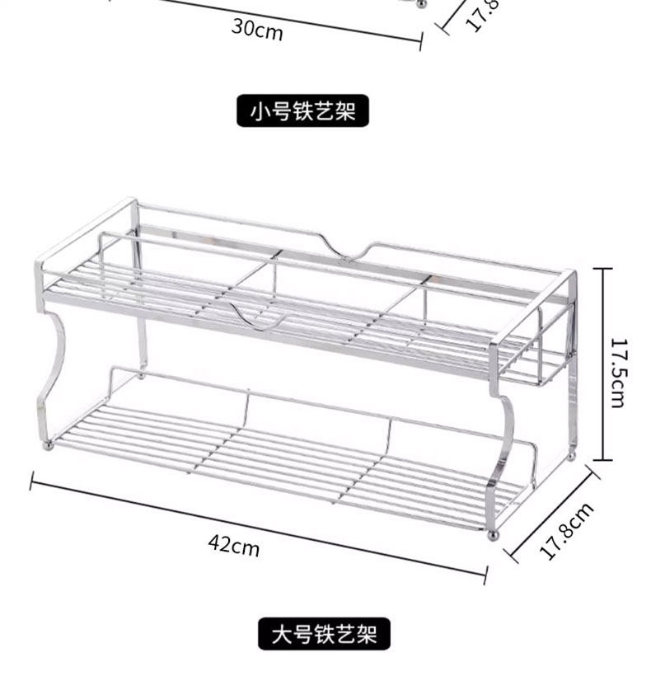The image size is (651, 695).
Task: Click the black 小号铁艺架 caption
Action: click(303, 110)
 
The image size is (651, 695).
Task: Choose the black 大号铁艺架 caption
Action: click(324, 634)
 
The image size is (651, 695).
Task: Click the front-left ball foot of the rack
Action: click(48, 445)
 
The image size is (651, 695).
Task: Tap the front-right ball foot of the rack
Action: click(493, 535)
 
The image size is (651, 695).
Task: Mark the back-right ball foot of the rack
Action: click(571, 454)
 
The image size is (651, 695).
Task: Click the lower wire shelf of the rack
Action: click(280, 462)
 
